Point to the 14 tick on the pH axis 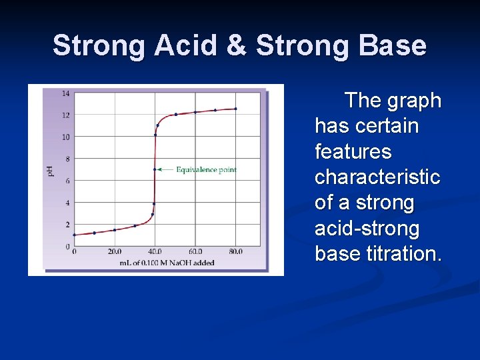[x=66, y=93]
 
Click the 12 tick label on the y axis [x=66, y=115]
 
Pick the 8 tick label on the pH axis [x=67, y=159]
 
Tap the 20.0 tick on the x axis [x=115, y=252]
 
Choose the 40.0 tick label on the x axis [x=155, y=252]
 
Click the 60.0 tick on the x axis [x=195, y=252]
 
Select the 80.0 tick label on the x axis [x=235, y=252]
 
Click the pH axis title [x=51, y=171]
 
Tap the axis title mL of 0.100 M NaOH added [x=167, y=263]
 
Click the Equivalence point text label [x=206, y=170]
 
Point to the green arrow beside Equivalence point [x=165, y=170]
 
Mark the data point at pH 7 [x=155, y=169]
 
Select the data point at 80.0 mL [x=235, y=109]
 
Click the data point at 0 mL [x=74, y=235]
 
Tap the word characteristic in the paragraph [x=377, y=177]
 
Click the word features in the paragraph [x=353, y=152]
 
